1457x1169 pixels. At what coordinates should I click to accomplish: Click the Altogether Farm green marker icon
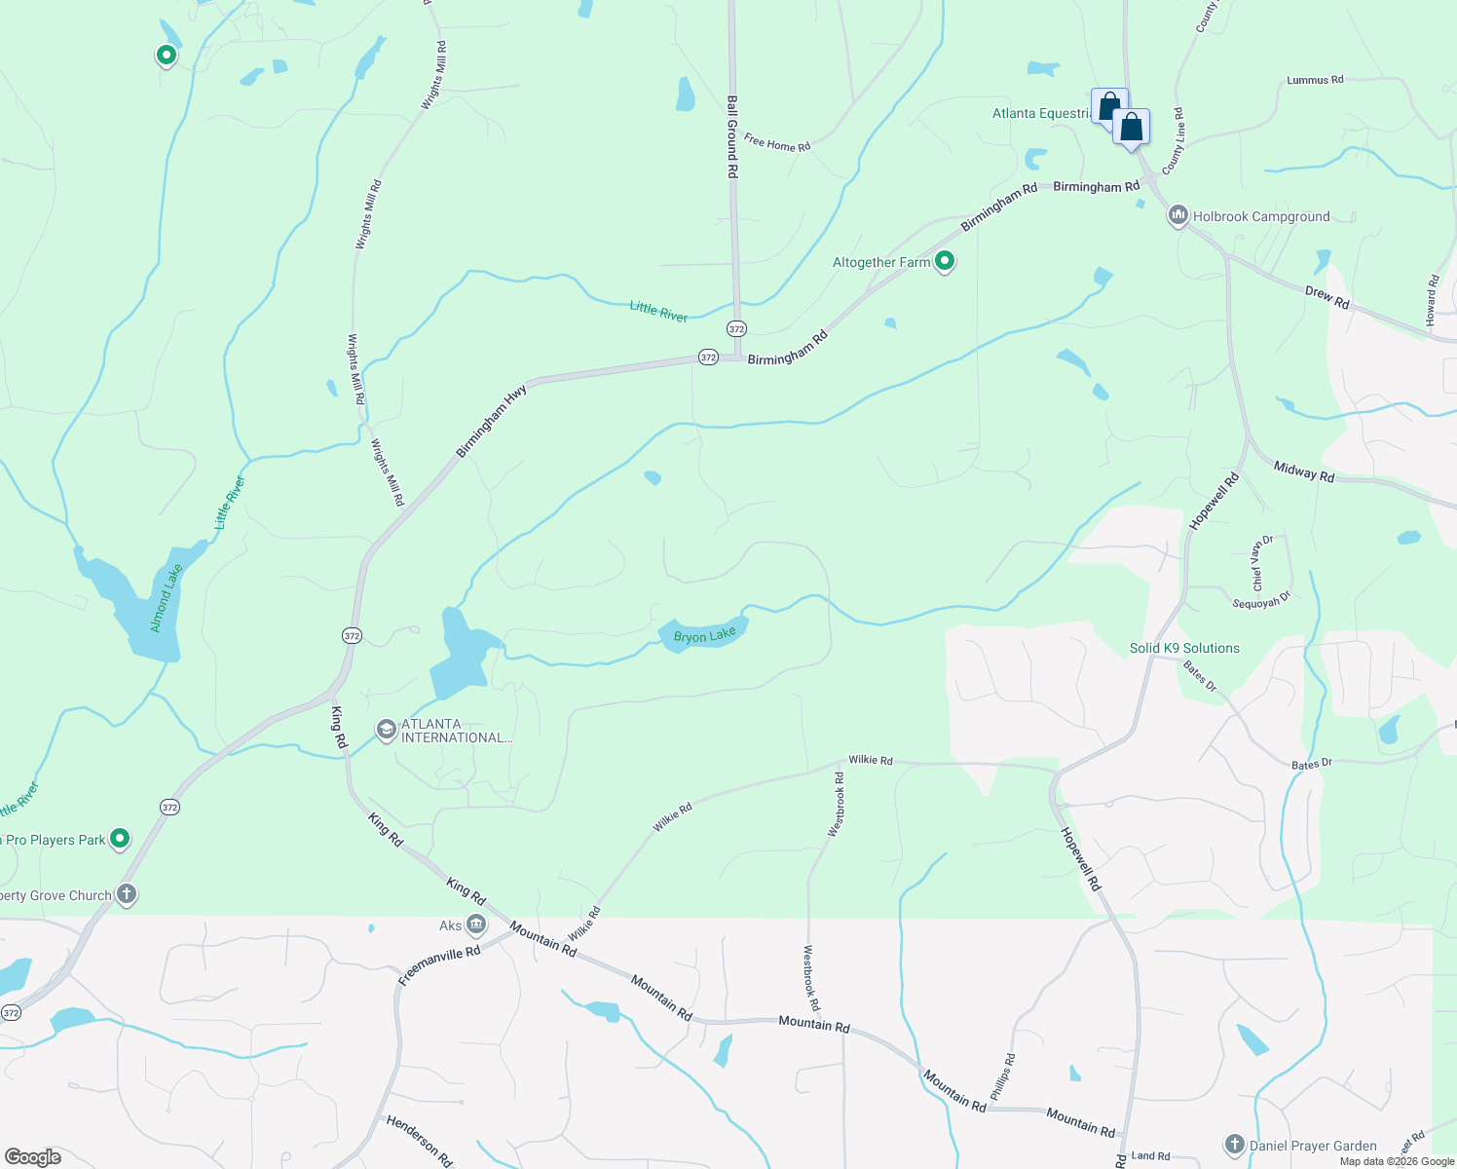pos(944,261)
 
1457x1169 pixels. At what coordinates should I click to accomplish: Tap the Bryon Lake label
pos(705,636)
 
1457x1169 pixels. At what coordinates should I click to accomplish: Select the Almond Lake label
pos(167,598)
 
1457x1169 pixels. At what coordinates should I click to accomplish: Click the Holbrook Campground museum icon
pos(1177,215)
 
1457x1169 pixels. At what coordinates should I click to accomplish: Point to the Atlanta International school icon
pos(387,730)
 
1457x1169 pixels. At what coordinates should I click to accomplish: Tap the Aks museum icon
pos(476,924)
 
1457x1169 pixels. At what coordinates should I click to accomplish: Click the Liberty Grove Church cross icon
pos(126,894)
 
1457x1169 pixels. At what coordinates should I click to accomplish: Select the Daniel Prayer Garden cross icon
pos(1234,1145)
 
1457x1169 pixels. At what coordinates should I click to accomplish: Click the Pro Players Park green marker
pos(120,838)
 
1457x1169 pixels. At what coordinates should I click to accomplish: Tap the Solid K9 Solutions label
pos(1184,648)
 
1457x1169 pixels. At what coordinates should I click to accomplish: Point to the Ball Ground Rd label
pos(732,135)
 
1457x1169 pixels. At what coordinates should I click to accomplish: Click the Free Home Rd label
pos(777,143)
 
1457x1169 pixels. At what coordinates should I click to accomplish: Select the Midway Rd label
pos(1304,471)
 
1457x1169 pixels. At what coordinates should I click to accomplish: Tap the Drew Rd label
pos(1326,297)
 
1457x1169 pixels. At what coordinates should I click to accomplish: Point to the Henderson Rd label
pos(420,1141)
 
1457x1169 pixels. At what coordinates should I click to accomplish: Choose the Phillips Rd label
pos(1003,1076)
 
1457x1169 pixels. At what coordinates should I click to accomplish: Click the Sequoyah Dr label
pos(1261,603)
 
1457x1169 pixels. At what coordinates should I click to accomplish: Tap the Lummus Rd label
pos(1315,80)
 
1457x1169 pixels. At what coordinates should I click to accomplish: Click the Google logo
pos(33,1156)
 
